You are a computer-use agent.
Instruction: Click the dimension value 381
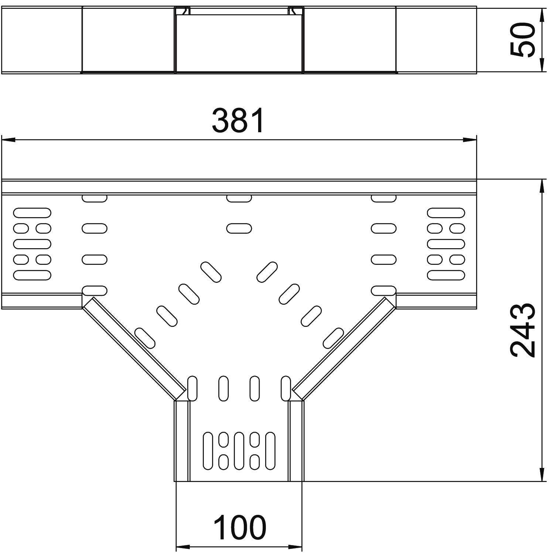click(239, 120)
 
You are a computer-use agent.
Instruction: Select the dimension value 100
click(240, 527)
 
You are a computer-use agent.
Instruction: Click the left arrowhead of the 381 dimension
click(8, 140)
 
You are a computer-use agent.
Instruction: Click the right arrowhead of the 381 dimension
click(470, 140)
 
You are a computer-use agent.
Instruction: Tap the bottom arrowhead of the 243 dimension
click(542, 475)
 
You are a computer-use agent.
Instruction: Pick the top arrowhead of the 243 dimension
click(542, 186)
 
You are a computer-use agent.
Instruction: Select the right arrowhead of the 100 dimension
click(295, 547)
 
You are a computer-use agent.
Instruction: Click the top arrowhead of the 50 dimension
click(542, 14)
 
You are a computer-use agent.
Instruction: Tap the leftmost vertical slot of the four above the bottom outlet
click(192, 389)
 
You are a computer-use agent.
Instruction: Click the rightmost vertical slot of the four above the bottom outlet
click(285, 389)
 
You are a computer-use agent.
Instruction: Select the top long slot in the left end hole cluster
click(32, 213)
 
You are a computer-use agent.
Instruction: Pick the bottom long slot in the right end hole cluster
click(446, 275)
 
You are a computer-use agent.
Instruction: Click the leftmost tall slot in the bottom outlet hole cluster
click(208, 451)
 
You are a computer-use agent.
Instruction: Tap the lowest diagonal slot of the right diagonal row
click(334, 338)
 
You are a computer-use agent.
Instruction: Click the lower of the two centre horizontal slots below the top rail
click(239, 229)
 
